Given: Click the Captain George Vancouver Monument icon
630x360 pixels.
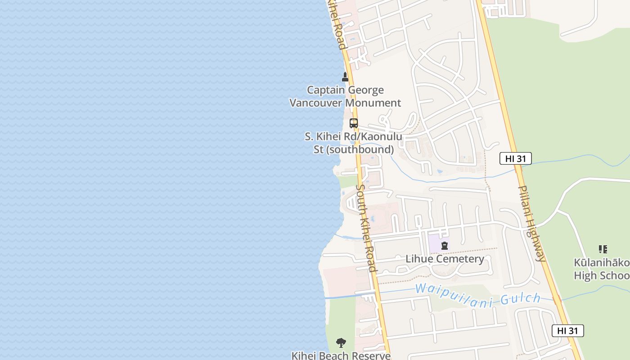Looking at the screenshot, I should [x=345, y=77].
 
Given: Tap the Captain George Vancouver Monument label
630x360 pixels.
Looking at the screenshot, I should [x=345, y=96].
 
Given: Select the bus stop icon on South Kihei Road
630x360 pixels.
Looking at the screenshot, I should [x=354, y=123].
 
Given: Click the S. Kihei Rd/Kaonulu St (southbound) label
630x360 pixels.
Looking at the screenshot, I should [x=354, y=143].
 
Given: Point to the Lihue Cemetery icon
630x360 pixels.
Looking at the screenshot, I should [x=445, y=246].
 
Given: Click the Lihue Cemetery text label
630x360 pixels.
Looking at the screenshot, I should [x=445, y=259].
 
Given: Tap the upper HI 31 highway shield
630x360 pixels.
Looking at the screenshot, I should [x=516, y=158].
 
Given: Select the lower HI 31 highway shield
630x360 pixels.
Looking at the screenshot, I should [x=567, y=331].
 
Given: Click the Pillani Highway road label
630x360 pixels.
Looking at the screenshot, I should [x=532, y=223].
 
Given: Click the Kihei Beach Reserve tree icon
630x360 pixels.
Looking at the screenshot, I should [x=341, y=343].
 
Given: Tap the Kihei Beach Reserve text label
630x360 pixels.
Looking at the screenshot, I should [x=341, y=355].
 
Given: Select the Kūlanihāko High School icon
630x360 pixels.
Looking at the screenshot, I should [x=603, y=249].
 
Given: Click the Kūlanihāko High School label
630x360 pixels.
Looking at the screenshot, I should [x=602, y=269].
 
